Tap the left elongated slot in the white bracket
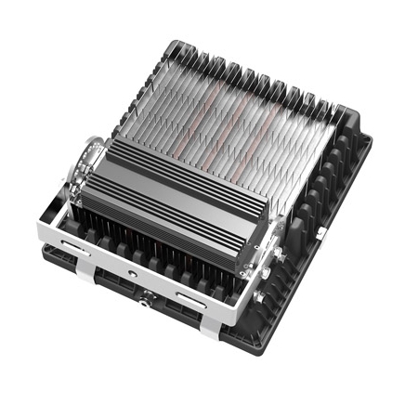click(x=75, y=245)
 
